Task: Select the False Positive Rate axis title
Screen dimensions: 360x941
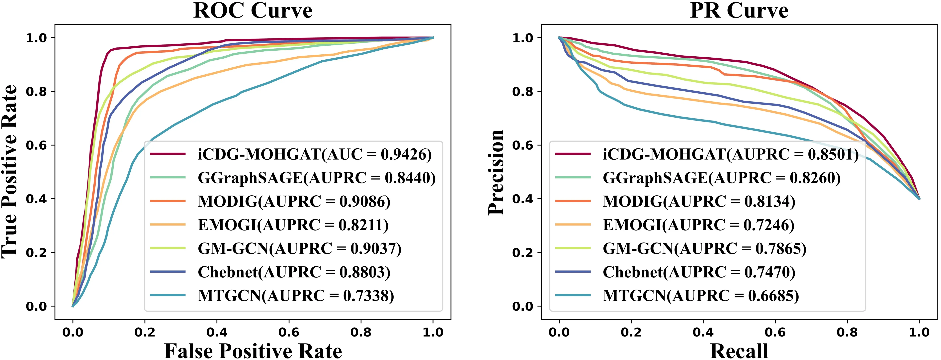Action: tap(253, 351)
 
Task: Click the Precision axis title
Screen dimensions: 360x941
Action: tap(496, 172)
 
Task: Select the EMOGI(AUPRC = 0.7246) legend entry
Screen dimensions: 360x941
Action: tap(698, 225)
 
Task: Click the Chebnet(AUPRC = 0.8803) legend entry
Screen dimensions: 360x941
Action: tap(294, 272)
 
